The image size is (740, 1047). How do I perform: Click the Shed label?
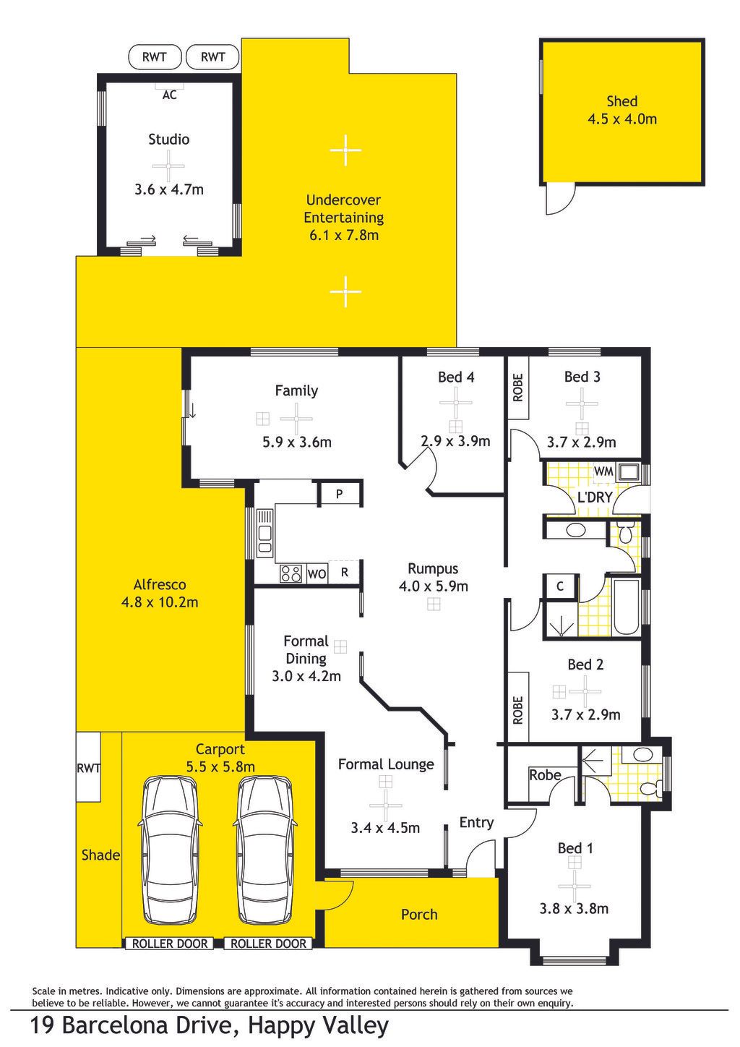pos(621,101)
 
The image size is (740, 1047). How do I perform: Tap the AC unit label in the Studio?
pos(170,95)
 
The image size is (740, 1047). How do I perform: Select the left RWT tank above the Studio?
pos(155,57)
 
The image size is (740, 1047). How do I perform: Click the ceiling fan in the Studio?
pos(168,166)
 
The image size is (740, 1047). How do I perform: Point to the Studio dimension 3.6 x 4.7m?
pos(169,189)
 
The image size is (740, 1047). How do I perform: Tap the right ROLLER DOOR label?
pos(268,943)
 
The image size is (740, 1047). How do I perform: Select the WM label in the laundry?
pos(603,471)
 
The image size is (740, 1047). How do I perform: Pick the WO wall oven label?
pos(317,574)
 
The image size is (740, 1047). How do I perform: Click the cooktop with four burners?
pos(291,573)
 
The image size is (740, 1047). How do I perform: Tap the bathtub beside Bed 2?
pos(626,607)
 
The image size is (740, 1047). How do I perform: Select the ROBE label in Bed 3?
pos(517,388)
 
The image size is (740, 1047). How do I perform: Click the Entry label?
pos(476,822)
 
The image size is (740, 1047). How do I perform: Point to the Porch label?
pos(419,914)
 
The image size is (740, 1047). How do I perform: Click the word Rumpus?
pos(433,569)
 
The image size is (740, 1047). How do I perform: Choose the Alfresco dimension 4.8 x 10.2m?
pos(160,602)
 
